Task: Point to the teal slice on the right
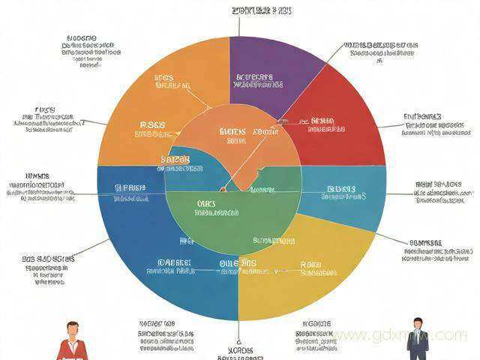click(x=352, y=195)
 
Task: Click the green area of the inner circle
click(x=232, y=217)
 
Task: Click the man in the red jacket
click(x=73, y=345)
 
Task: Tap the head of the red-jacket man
click(x=73, y=328)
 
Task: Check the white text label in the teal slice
click(x=341, y=193)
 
